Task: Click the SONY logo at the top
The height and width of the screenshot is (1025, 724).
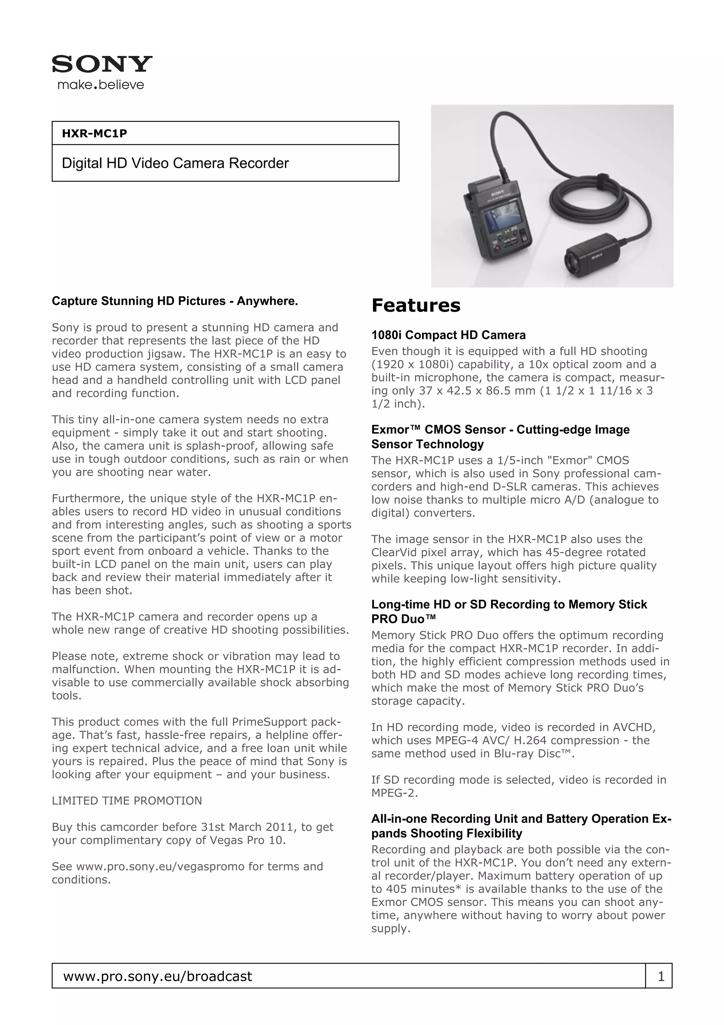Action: (102, 64)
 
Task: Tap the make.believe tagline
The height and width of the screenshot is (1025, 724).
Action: (101, 85)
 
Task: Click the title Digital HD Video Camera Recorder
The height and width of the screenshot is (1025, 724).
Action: (175, 163)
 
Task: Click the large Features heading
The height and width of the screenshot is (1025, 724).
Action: (415, 306)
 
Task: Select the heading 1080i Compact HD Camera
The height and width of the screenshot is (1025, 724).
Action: (448, 335)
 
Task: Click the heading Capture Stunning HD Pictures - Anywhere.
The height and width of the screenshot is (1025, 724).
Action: (174, 301)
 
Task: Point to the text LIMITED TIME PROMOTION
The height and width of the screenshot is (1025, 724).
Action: (127, 801)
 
